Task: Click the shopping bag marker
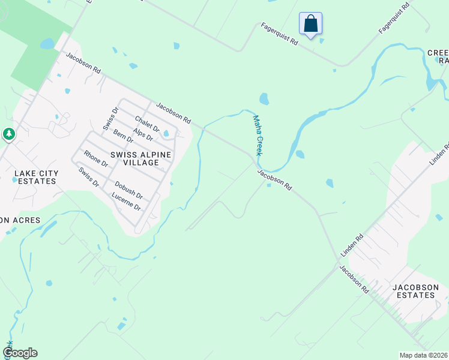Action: (x=310, y=24)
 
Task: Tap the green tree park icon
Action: (x=8, y=134)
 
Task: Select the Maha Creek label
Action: (x=257, y=136)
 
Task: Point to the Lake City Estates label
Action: (x=37, y=177)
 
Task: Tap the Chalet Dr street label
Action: (x=147, y=124)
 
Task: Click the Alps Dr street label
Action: (x=142, y=135)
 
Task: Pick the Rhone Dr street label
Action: (x=95, y=159)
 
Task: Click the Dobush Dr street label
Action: (x=128, y=190)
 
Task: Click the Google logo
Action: (x=20, y=353)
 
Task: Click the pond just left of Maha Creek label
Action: (x=264, y=98)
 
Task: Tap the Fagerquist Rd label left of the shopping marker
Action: (x=279, y=35)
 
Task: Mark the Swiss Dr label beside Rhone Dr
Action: (x=88, y=177)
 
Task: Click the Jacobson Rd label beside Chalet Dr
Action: (x=173, y=113)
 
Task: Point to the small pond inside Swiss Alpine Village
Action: (x=166, y=133)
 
